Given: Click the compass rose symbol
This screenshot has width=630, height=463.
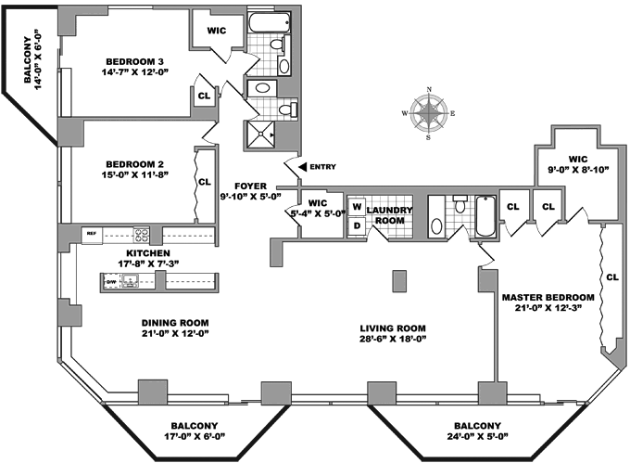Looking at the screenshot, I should tap(428, 114).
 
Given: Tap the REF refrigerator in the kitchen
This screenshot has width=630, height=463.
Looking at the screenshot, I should tap(91, 233).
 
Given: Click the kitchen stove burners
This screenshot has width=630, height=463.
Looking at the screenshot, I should tap(143, 234).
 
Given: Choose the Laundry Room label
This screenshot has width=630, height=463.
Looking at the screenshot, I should tap(388, 215).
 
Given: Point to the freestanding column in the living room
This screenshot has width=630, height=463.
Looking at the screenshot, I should tap(399, 279).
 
